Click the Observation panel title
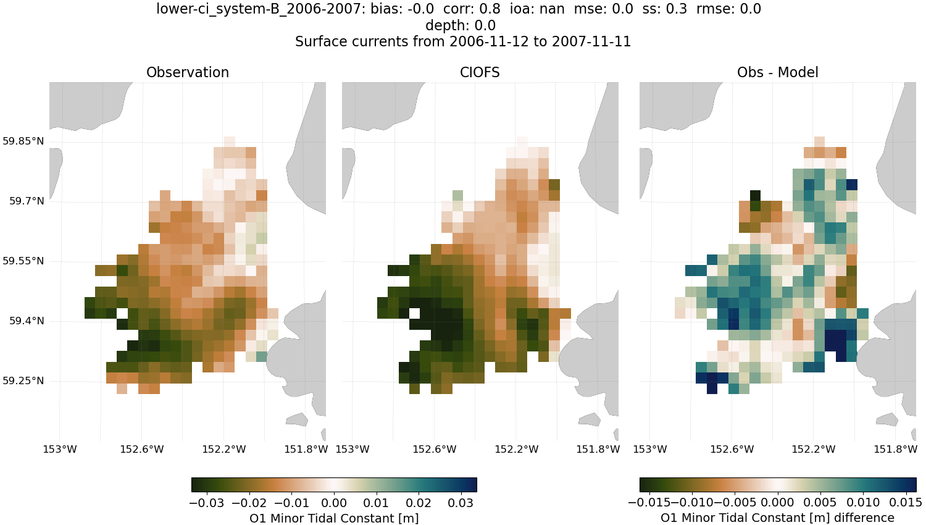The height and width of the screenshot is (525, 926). tap(188, 72)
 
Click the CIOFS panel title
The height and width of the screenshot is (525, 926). tap(480, 72)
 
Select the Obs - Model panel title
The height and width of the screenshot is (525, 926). tap(777, 72)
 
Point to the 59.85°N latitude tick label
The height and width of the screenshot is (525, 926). tap(23, 141)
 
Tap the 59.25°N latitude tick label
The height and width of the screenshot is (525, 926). tap(23, 380)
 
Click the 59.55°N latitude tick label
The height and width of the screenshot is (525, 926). tap(23, 261)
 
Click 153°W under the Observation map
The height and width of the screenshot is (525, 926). tap(60, 449)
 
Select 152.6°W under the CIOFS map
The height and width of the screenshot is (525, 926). tap(434, 449)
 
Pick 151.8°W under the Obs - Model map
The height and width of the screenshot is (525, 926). tap(895, 449)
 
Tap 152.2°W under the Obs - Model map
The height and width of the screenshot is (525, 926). tap(814, 449)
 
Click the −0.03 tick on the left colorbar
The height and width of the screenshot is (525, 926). tap(207, 503)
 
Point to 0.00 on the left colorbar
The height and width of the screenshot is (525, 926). tap(335, 503)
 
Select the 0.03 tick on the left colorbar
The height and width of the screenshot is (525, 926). tap(461, 503)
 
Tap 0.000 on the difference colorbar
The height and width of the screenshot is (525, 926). tap(778, 503)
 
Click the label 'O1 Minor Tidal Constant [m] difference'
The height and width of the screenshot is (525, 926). tap(777, 518)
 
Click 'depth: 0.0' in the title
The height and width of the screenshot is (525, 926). tap(461, 25)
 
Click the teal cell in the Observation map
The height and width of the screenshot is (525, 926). tap(261, 356)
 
